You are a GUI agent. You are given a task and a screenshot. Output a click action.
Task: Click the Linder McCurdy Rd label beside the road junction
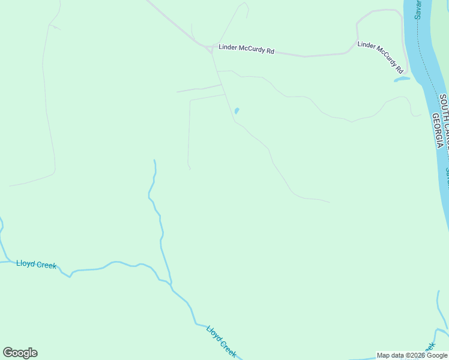coord(246,49)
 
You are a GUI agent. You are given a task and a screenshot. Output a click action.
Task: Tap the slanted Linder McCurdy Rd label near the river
coord(380,53)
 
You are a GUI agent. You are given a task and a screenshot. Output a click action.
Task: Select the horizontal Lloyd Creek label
coord(37,264)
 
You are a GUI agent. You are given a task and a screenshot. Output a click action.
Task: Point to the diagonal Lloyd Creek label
coord(221,341)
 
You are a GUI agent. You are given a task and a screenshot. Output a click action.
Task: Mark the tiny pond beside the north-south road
coord(237,111)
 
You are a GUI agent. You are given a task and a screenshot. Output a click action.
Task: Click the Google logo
coord(20,353)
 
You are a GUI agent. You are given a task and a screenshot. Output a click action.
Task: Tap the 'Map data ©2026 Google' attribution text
coord(412,355)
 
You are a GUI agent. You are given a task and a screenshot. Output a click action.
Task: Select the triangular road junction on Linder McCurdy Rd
coord(211,49)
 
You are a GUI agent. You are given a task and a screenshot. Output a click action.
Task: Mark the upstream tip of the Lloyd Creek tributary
coord(154,161)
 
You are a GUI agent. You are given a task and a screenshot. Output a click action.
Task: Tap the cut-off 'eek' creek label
coord(430,347)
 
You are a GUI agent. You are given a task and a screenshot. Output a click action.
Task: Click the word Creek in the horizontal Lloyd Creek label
coord(46,265)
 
